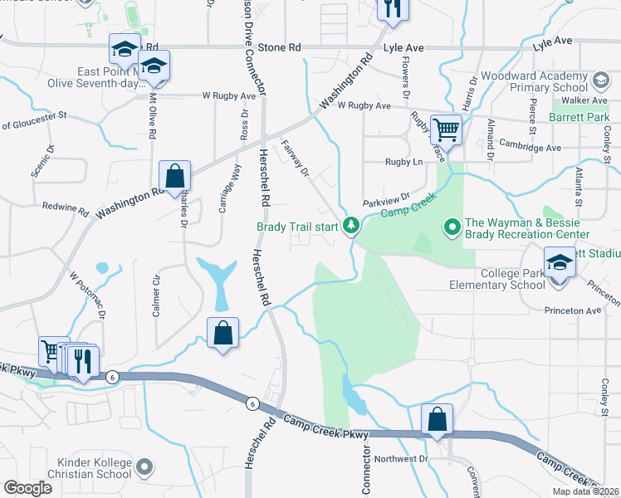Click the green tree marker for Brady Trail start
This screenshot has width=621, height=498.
click(x=351, y=225)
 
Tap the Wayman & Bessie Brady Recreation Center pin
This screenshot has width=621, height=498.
click(x=452, y=225)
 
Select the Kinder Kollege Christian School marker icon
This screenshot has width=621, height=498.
click(x=145, y=467)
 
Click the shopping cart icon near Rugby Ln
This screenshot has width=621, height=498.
click(x=446, y=129)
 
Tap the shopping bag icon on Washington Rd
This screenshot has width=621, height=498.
click(x=175, y=176)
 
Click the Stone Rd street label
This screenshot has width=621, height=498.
click(x=279, y=48)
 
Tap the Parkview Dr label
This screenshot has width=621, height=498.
click(x=386, y=201)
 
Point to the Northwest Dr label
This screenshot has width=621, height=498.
click(x=401, y=457)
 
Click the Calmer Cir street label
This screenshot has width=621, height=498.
click(x=155, y=285)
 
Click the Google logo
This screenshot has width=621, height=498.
click(x=28, y=488)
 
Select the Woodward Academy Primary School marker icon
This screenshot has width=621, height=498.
click(x=600, y=81)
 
